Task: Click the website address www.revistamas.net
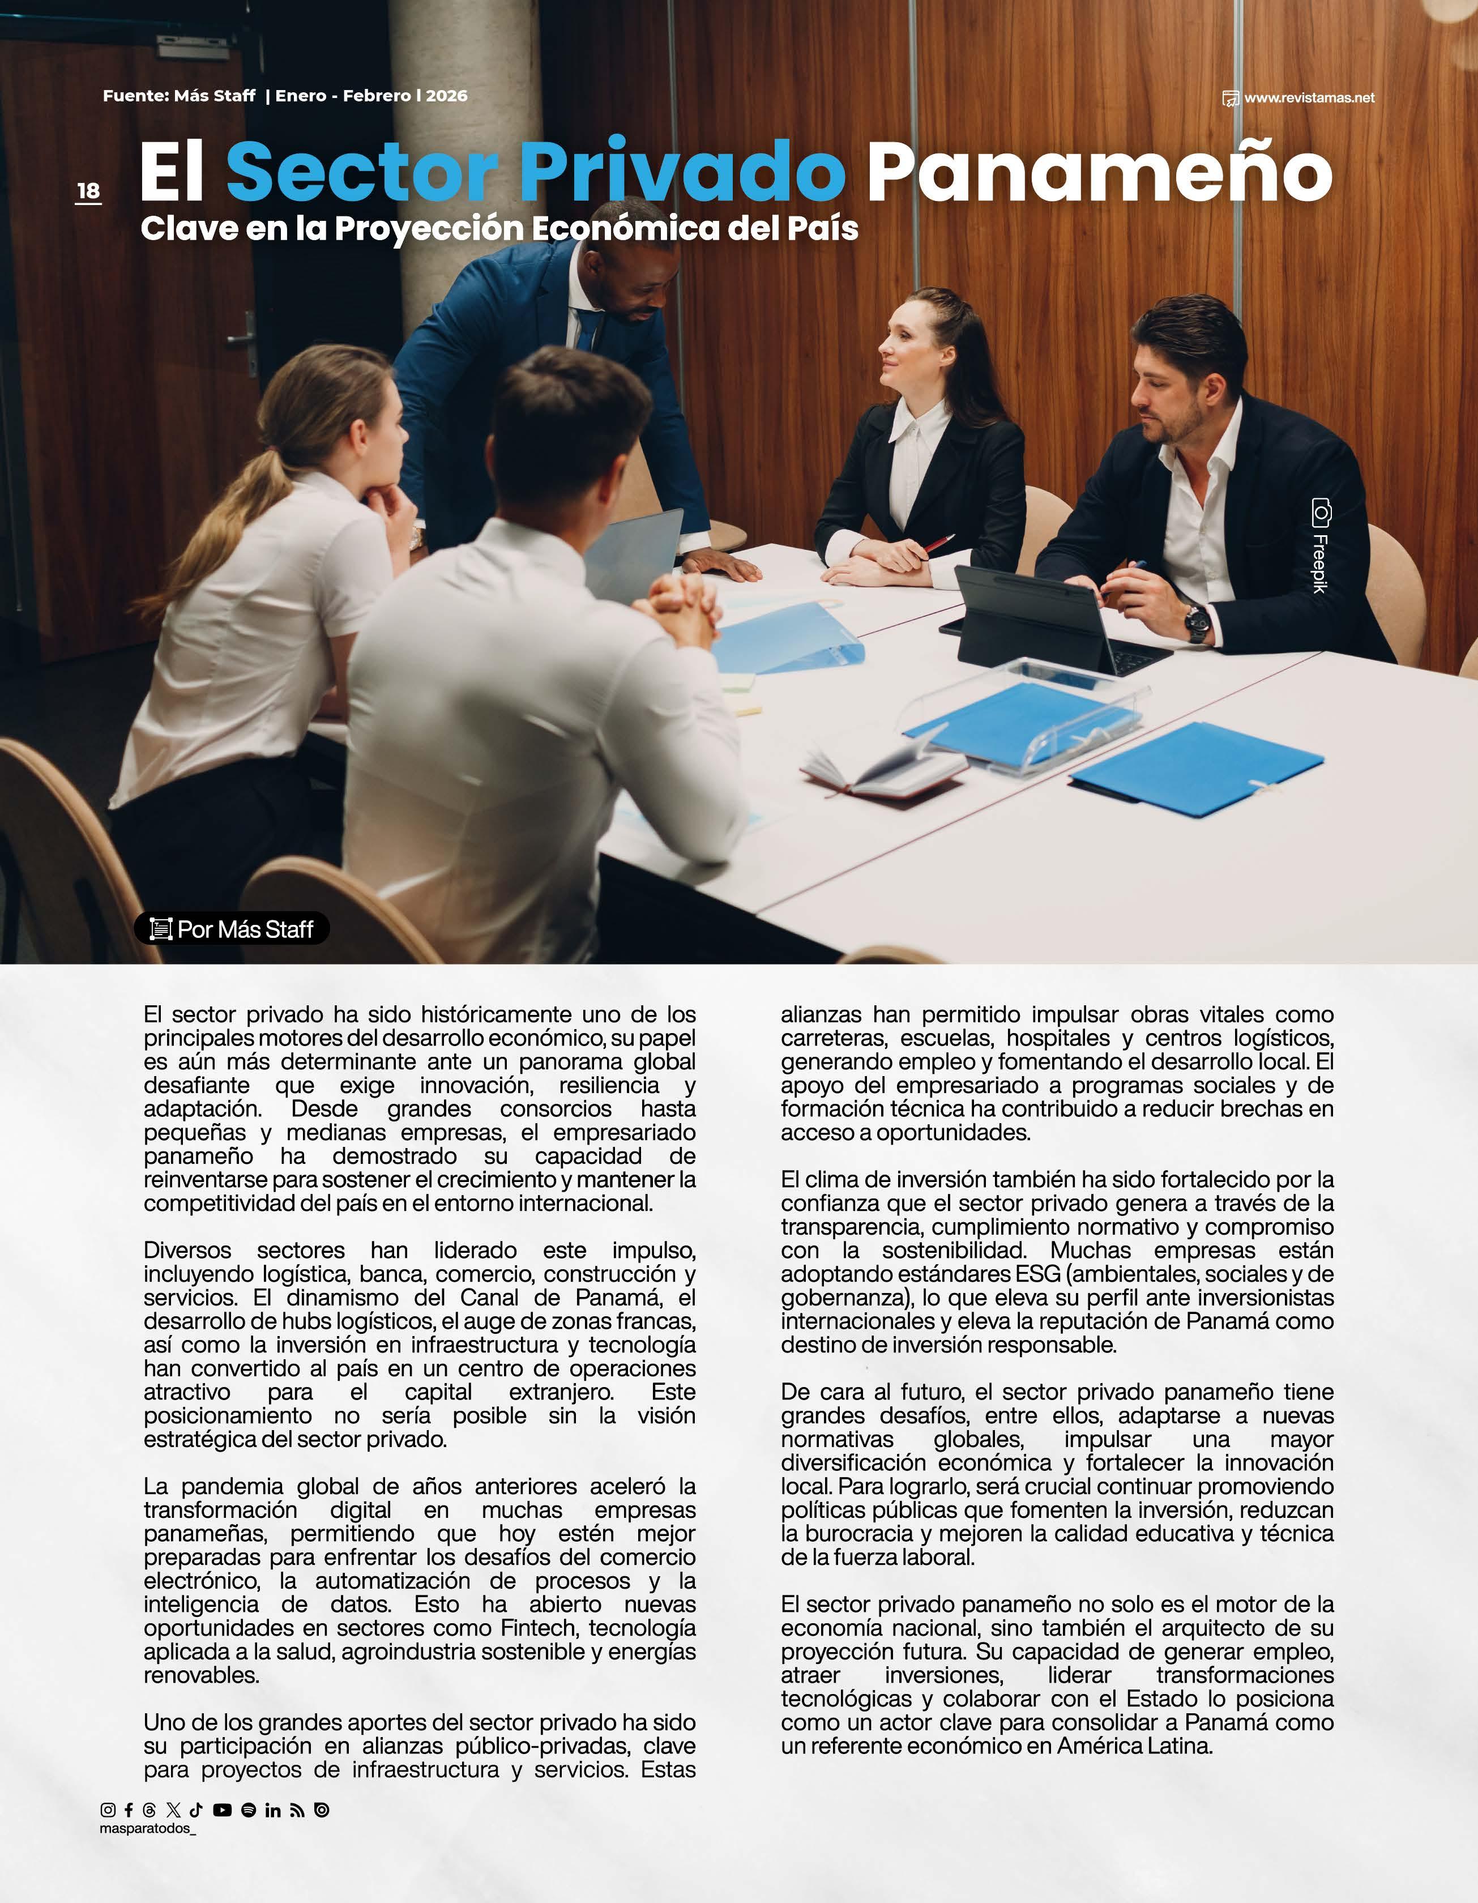pos(1308,97)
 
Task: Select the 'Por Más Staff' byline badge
pos(232,929)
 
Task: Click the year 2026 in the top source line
pos(446,96)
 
